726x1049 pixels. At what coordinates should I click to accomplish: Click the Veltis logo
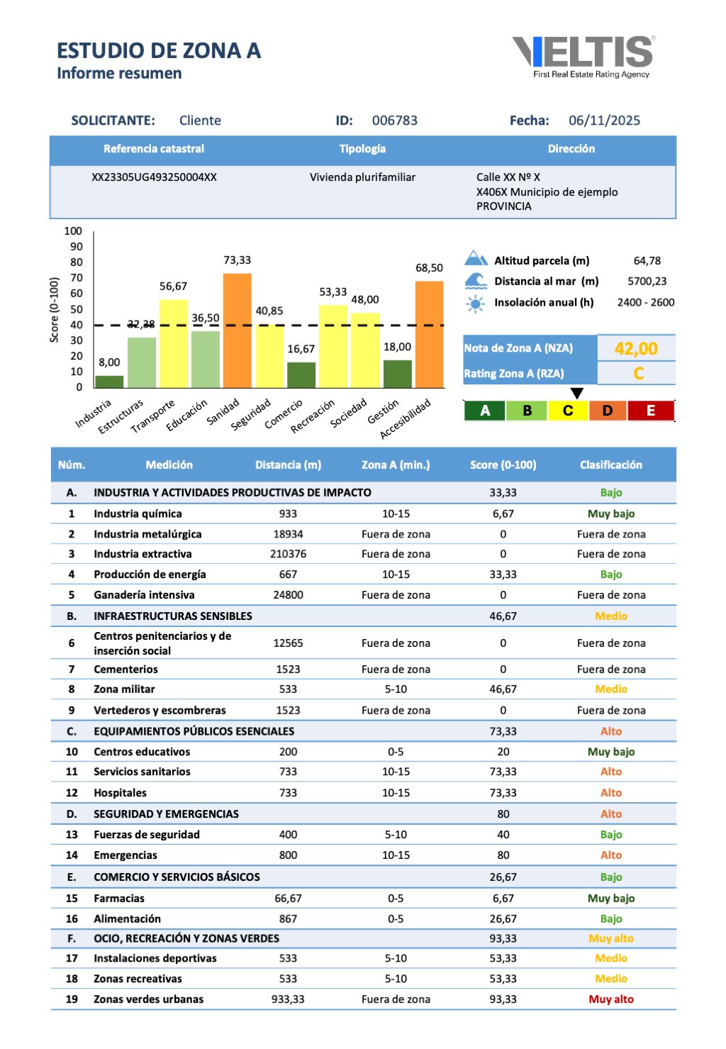[583, 56]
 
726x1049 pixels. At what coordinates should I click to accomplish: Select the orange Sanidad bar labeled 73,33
[237, 330]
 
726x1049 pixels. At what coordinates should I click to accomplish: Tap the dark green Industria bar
[109, 382]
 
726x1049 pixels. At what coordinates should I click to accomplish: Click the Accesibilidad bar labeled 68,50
[429, 334]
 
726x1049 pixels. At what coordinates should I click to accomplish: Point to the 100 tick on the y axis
[73, 231]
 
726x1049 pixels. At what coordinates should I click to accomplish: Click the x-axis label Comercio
[284, 414]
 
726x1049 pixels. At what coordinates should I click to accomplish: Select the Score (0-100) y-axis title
[55, 310]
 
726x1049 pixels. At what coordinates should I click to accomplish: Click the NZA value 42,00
[636, 349]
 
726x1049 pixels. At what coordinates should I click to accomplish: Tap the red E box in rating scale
[650, 411]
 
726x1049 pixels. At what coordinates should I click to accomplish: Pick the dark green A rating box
[485, 411]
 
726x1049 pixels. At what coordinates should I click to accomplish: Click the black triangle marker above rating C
[577, 393]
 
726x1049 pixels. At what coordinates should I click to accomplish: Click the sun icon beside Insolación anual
[475, 304]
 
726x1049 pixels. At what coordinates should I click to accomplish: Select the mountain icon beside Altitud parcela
[476, 259]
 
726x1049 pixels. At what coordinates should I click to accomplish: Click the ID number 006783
[395, 121]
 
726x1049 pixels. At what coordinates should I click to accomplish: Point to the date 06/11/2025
[604, 121]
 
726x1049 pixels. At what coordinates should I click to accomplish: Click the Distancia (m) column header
[288, 465]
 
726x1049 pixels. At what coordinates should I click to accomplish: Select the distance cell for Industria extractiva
[288, 554]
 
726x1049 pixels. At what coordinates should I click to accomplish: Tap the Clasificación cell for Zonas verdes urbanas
[610, 999]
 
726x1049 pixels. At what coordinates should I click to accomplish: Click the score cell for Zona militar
[503, 689]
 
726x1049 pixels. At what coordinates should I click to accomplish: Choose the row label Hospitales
[120, 793]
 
